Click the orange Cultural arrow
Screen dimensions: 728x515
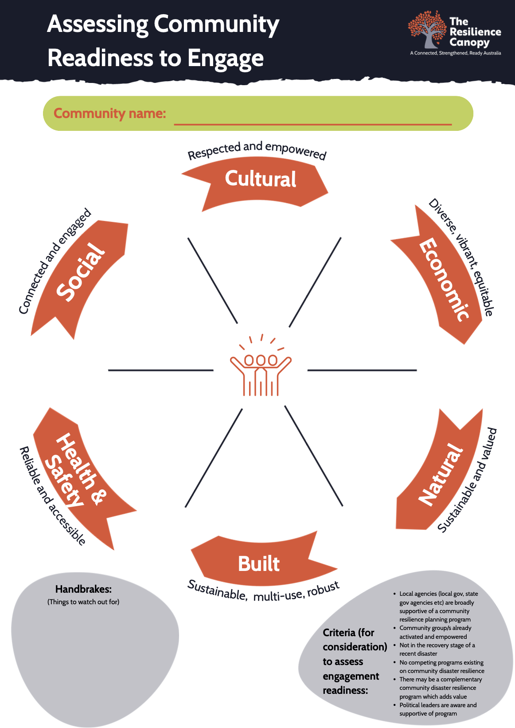pos(260,180)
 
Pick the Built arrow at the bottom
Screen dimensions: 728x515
pos(259,564)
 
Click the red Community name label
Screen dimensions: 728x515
pos(109,114)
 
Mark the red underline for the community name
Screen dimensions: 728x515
pos(312,124)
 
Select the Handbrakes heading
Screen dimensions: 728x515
pos(83,589)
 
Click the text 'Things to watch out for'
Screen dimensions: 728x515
pos(83,602)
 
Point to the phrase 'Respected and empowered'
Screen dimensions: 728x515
pos(257,150)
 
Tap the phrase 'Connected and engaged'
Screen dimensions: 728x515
pos(54,262)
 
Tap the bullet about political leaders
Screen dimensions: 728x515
pos(437,709)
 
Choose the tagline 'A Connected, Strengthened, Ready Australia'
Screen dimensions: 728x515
pos(455,53)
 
